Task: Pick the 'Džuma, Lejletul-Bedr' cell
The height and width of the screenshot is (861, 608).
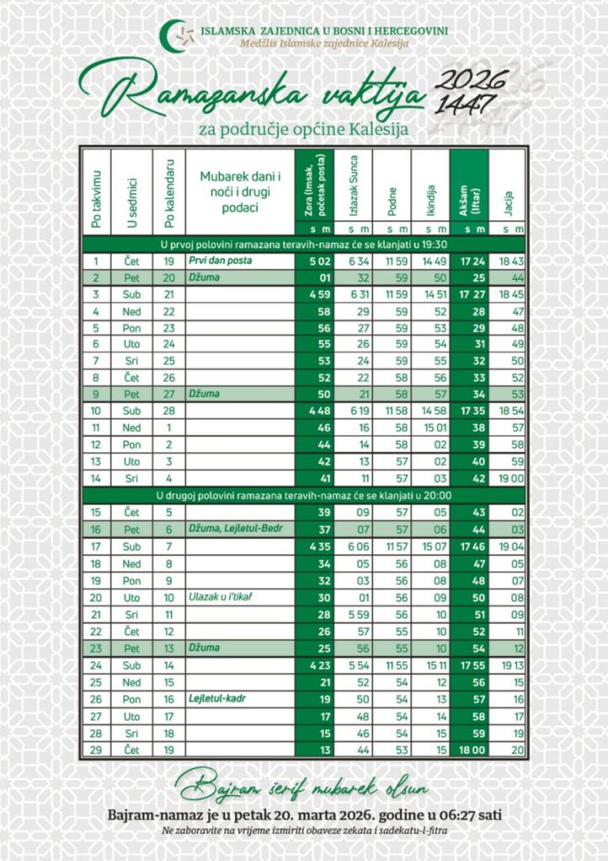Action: [x=227, y=529]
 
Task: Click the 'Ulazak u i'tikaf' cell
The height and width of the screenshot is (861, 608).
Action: [x=220, y=596]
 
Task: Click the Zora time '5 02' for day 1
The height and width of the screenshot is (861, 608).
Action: [x=313, y=261]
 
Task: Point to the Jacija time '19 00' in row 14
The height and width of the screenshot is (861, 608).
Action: [x=509, y=478]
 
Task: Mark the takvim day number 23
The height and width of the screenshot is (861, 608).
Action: [x=96, y=647]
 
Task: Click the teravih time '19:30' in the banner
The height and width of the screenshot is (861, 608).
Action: [x=430, y=245]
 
